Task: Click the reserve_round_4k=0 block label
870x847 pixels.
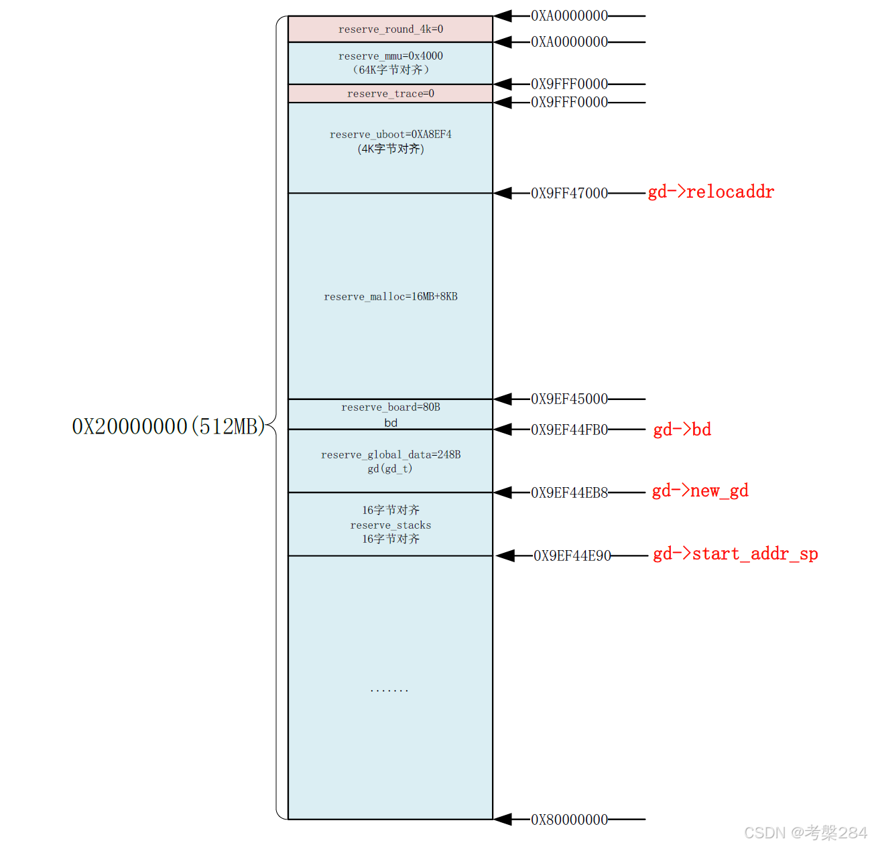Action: (x=390, y=29)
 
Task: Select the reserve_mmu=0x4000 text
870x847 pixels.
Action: (x=390, y=56)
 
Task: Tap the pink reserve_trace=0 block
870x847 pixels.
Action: (x=390, y=94)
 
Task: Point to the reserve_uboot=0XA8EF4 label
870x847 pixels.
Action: (x=390, y=135)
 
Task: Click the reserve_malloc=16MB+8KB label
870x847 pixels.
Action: (x=390, y=297)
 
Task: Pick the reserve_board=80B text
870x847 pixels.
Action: (x=390, y=407)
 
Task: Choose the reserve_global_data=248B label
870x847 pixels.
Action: (x=390, y=455)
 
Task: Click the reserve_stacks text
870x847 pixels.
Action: (x=390, y=525)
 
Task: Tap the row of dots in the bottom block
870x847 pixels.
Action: (x=389, y=690)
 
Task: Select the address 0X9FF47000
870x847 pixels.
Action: (x=569, y=194)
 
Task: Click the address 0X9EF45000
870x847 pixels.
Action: (x=569, y=399)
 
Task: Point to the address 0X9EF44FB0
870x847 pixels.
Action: (x=569, y=430)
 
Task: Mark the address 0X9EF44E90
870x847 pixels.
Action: (x=572, y=556)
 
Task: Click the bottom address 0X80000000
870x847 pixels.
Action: (x=569, y=820)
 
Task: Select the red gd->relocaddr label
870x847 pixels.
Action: (x=710, y=192)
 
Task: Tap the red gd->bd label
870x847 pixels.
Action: (x=682, y=430)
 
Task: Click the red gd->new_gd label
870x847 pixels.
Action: (x=700, y=491)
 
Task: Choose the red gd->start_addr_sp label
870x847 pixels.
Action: (x=735, y=554)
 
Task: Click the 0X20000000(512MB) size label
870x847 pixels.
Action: (x=168, y=427)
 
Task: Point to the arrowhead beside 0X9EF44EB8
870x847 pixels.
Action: (x=503, y=493)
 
